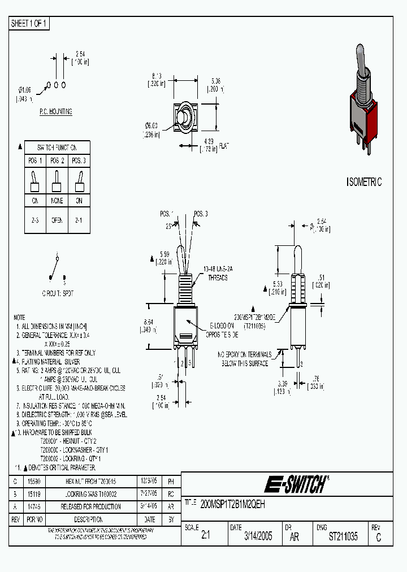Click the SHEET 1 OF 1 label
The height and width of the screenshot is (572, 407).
[x=29, y=24]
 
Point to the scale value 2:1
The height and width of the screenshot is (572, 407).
[x=205, y=537]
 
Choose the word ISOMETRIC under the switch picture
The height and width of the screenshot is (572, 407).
[x=363, y=182]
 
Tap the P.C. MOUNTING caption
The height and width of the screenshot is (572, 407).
[x=55, y=112]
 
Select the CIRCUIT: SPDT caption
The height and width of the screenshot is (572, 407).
[x=57, y=294]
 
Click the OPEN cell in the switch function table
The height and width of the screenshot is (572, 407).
[x=57, y=220]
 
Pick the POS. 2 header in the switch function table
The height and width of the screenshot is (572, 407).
[x=57, y=161]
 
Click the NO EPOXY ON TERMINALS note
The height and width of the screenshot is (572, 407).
[x=244, y=359]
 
